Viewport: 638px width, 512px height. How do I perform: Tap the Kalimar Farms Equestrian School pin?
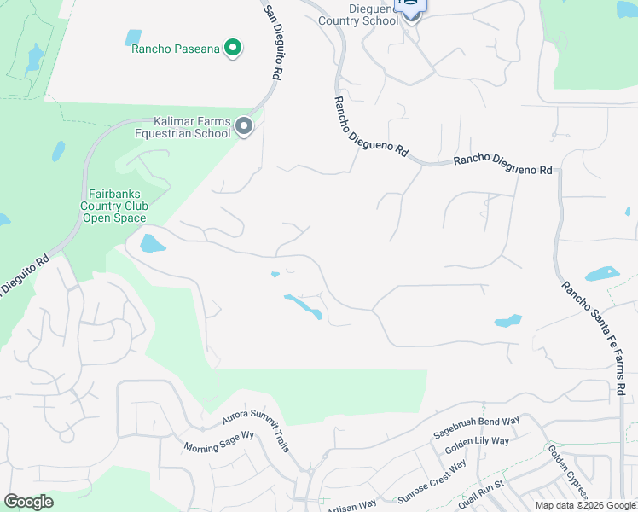[244, 127]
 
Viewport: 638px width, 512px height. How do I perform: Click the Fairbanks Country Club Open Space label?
[114, 206]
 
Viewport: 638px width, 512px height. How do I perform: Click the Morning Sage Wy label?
[220, 441]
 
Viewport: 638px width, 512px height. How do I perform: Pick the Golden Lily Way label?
[477, 447]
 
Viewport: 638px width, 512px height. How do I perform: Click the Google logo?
[28, 501]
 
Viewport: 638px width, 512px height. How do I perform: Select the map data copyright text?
[585, 505]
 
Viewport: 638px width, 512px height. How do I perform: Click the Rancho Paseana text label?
[176, 49]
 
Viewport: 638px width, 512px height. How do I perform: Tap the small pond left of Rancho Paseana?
[133, 38]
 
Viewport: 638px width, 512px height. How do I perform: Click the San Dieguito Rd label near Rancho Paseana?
[272, 43]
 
